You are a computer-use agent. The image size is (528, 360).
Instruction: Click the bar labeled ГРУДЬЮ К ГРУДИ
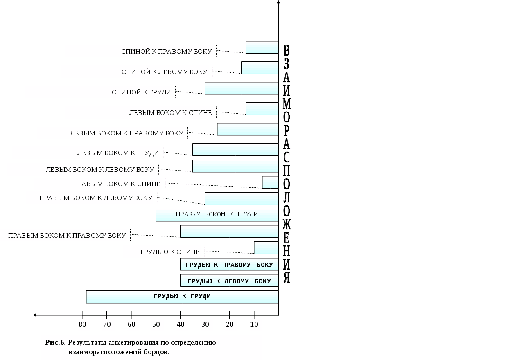tap(182, 297)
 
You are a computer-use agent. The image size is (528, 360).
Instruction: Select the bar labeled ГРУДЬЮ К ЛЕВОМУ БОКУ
tap(229, 281)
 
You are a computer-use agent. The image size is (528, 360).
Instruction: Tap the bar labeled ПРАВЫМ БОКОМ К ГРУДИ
tap(217, 215)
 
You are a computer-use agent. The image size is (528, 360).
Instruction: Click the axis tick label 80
tap(82, 325)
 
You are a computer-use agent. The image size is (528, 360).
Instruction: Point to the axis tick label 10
tap(254, 325)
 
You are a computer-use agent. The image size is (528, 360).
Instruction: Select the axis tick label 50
tap(156, 325)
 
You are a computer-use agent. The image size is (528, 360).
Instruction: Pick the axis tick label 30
tap(205, 325)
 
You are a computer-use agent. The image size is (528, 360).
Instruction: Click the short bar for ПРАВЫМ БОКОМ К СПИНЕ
tap(270, 182)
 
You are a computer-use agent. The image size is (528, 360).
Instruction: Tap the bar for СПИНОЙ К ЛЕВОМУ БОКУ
tap(260, 67)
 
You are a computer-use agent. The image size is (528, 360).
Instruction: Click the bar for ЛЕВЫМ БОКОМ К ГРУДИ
tap(235, 149)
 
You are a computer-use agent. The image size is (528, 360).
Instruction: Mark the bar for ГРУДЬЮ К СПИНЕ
tap(266, 248)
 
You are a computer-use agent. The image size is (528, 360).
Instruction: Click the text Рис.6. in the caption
tap(55, 342)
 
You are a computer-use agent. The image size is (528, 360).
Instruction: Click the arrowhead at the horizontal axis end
tap(35, 315)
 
